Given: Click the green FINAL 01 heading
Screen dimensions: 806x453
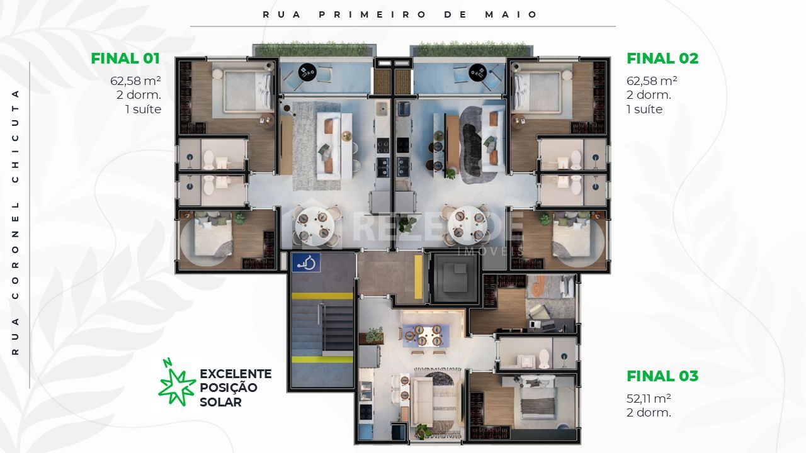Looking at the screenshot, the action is (125, 59).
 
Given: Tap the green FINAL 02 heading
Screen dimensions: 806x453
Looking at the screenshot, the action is (662, 59).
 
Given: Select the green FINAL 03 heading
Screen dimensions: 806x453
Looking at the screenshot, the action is (662, 376).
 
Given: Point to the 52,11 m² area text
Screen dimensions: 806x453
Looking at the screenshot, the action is (649, 398).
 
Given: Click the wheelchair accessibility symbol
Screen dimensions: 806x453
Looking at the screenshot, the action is (306, 262).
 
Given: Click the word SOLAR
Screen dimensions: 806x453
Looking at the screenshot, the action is (220, 402).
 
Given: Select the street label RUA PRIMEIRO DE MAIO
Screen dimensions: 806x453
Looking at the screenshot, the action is (400, 14).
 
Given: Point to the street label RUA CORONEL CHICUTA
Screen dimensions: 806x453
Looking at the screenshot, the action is (15, 223).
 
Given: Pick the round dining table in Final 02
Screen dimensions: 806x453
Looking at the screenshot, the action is (468, 225).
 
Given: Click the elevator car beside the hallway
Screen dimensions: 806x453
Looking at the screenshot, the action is (455, 277).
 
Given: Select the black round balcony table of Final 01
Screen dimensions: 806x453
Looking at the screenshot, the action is (308, 72).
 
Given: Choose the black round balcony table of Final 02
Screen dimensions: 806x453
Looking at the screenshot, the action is (478, 73).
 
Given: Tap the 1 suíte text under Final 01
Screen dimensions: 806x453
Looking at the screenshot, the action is (143, 109).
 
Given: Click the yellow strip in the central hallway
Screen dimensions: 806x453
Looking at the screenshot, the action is (418, 277).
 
